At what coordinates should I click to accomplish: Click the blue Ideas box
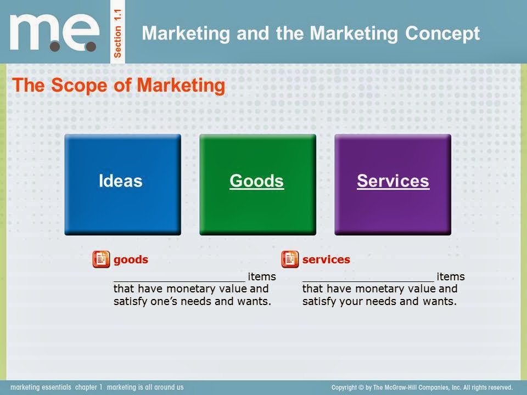[x=122, y=184]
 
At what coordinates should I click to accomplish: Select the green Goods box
[x=257, y=184]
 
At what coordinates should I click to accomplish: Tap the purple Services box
[x=393, y=184]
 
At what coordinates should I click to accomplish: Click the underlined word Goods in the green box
[x=256, y=181]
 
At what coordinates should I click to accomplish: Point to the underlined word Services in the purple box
[x=393, y=181]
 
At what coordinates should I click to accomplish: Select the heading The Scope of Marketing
[x=119, y=86]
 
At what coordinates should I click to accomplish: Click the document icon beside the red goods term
[x=101, y=259]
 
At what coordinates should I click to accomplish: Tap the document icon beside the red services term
[x=290, y=259]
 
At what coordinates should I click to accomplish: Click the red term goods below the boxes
[x=131, y=259]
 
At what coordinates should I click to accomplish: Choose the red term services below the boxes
[x=326, y=259]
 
